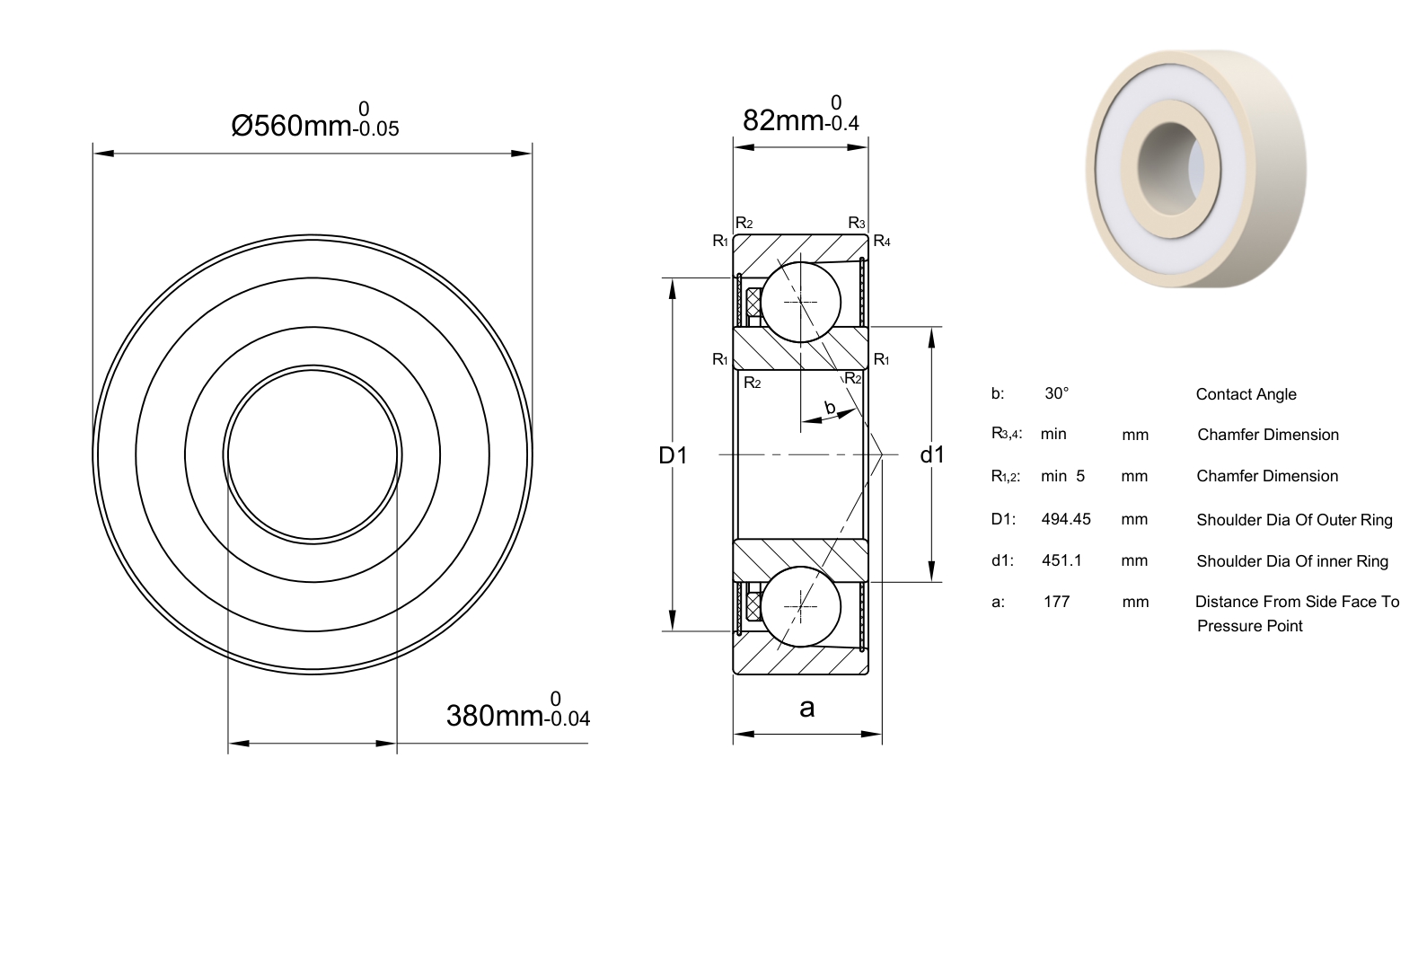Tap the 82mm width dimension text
[x=801, y=115]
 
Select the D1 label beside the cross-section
[x=673, y=455]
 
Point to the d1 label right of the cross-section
[x=932, y=454]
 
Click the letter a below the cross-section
[x=806, y=708]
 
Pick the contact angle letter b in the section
[x=830, y=407]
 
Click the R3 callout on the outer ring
[x=856, y=223]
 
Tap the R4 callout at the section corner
[x=882, y=241]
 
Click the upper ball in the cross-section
[x=801, y=302]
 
